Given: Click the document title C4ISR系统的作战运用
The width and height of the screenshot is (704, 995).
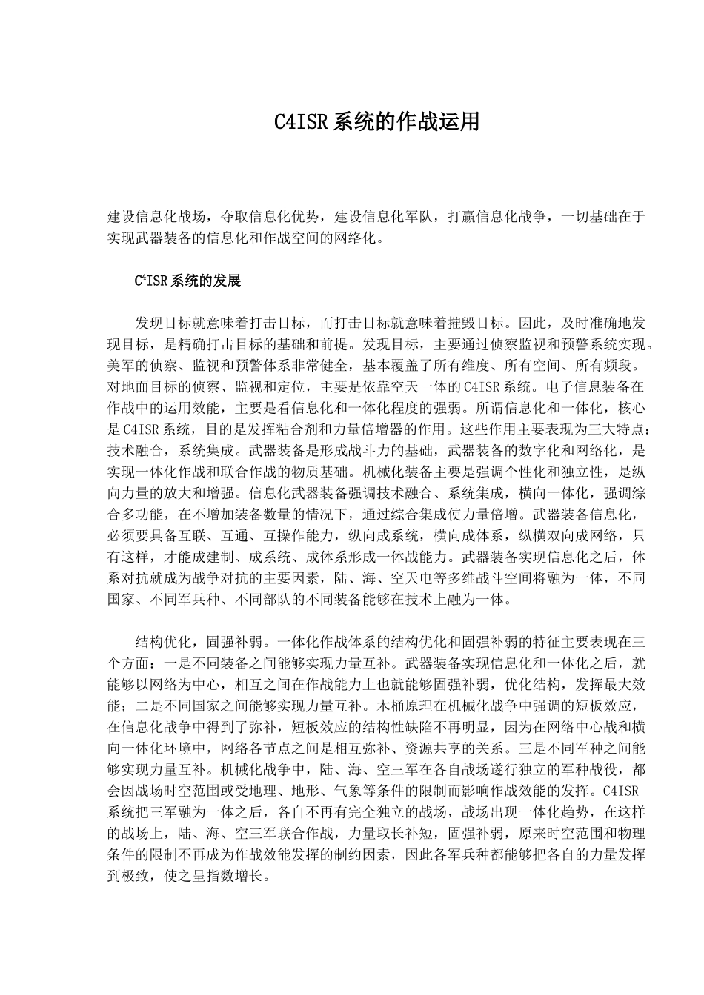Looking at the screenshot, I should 377,122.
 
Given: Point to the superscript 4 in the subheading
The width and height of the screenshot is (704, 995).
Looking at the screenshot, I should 142,278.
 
